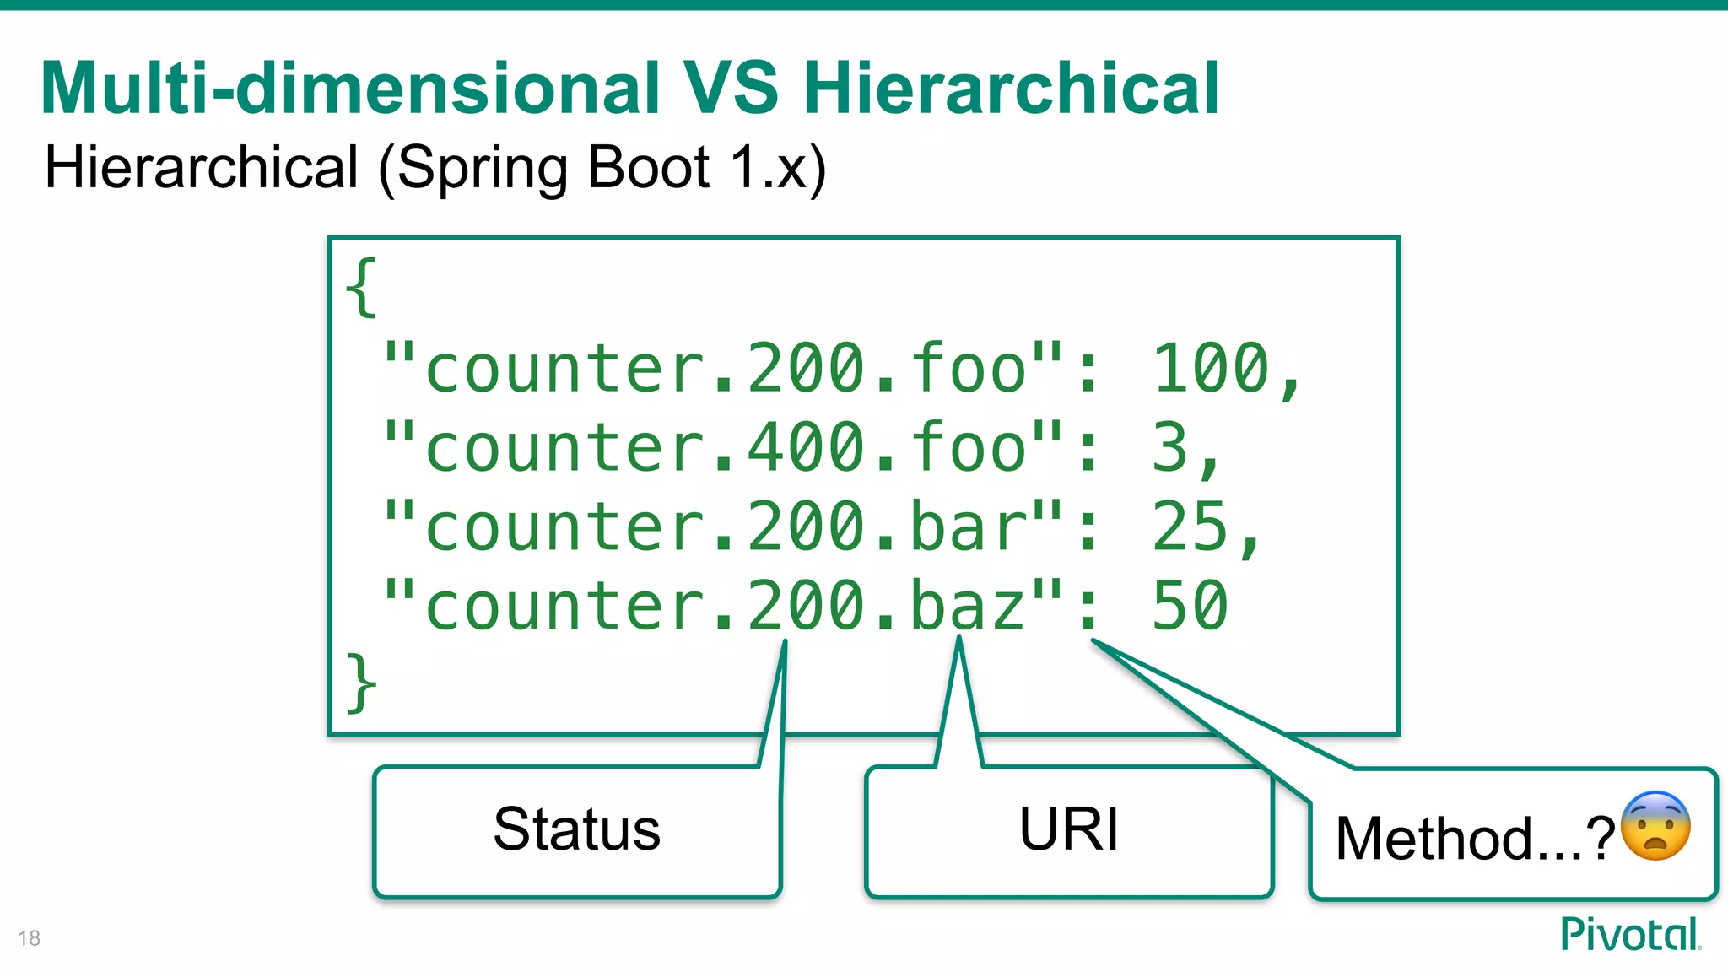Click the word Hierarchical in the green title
click(x=1011, y=89)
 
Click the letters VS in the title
click(x=731, y=89)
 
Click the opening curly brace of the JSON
click(x=361, y=288)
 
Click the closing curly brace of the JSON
click(x=361, y=683)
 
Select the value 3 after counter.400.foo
click(x=1170, y=448)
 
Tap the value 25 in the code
click(x=1191, y=526)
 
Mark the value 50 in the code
click(x=1191, y=606)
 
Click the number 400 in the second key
click(x=807, y=448)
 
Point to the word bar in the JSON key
click(x=969, y=526)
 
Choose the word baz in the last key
click(x=969, y=606)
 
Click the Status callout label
click(x=577, y=829)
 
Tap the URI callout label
click(x=1068, y=829)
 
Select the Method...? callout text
click(x=1475, y=839)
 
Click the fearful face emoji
click(x=1655, y=827)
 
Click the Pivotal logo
click(x=1630, y=935)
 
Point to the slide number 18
click(x=29, y=938)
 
